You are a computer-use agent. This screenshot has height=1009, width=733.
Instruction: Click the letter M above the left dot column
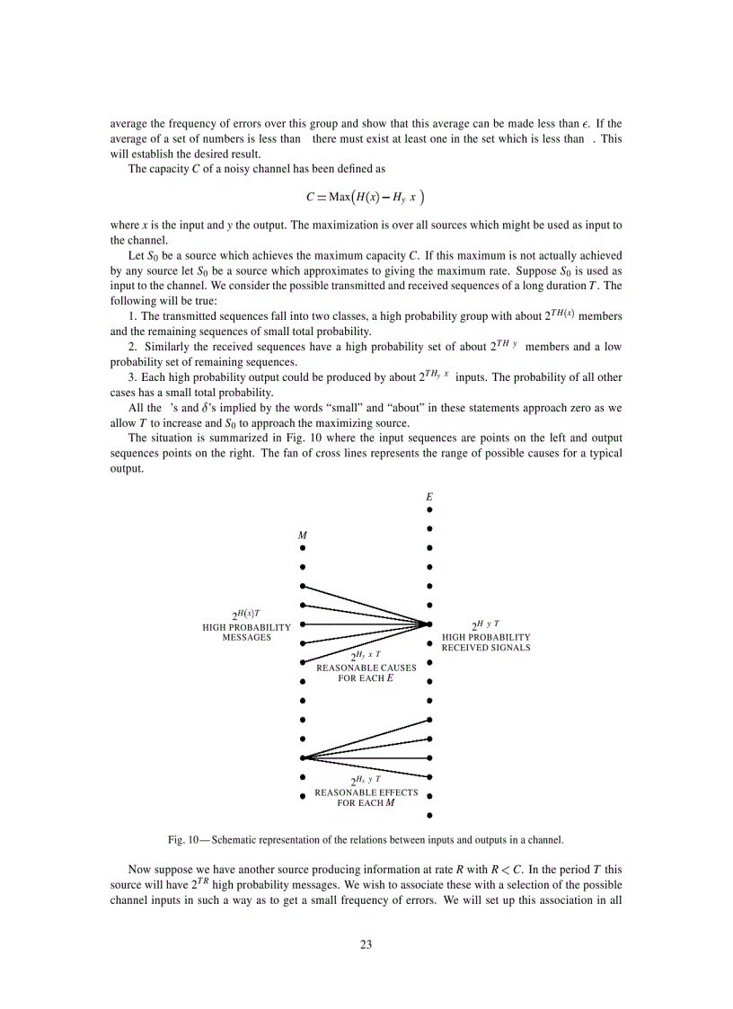point(303,535)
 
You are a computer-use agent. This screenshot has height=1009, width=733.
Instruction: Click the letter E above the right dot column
point(429,497)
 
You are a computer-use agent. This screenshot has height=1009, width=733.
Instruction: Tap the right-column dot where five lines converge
point(429,624)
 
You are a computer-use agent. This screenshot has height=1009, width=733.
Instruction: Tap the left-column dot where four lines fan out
point(304,757)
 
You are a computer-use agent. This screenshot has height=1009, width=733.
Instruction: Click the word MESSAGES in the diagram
point(246,637)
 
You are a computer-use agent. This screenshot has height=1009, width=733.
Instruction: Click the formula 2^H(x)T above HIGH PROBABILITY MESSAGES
point(246,615)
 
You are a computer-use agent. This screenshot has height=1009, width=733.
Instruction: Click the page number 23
point(366,944)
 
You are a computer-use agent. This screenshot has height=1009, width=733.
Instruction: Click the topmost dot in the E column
point(429,509)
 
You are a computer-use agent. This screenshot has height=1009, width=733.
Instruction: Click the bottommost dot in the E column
point(429,815)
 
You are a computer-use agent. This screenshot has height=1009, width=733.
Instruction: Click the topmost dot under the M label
point(304,547)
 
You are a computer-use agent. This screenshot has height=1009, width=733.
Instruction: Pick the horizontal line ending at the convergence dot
point(366,624)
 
